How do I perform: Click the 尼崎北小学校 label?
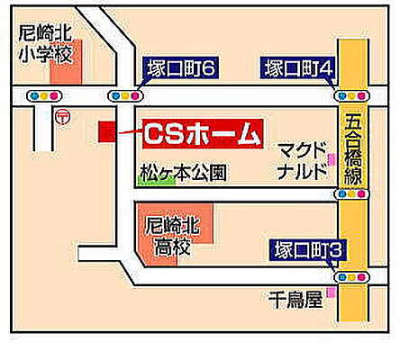pyautogui.click(x=45, y=43)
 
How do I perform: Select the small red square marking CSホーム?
pyautogui.click(x=107, y=131)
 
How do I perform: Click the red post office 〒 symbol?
pyautogui.click(x=61, y=116)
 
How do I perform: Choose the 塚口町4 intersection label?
pyautogui.click(x=300, y=67)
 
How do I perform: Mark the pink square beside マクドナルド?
pyautogui.click(x=332, y=159)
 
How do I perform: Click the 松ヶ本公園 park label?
pyautogui.click(x=184, y=169)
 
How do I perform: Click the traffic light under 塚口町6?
pyautogui.click(x=125, y=94)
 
